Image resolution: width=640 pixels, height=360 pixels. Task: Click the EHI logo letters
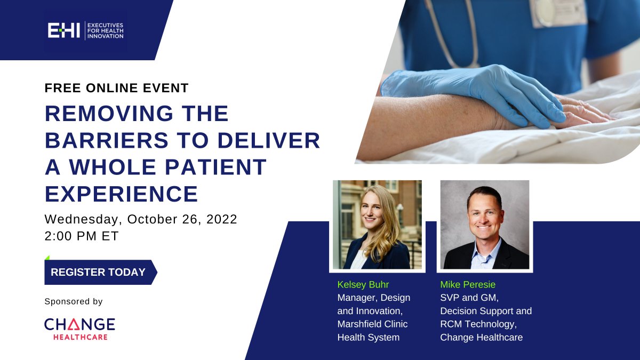(63, 30)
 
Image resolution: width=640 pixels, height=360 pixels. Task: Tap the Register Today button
(101, 272)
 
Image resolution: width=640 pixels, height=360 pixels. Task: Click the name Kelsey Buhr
(363, 285)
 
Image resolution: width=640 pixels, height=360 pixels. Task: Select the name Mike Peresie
(468, 285)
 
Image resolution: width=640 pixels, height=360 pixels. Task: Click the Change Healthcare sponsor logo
(79, 329)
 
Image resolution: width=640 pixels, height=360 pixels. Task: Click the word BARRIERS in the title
(107, 140)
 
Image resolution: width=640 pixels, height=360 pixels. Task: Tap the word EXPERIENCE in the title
(122, 194)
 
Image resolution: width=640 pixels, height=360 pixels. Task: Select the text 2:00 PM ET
(82, 236)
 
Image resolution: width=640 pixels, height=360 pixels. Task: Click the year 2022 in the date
(222, 219)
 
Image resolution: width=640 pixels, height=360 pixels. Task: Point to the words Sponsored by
(74, 301)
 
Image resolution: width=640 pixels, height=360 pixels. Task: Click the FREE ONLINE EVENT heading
(117, 88)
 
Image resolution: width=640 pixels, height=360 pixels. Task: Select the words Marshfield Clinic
(373, 324)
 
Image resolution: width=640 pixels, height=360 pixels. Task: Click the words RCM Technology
(478, 324)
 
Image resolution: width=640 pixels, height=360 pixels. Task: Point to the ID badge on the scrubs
(557, 13)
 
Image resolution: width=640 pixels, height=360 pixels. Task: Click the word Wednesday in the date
(81, 219)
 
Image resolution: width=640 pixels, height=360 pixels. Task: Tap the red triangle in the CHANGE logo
(74, 325)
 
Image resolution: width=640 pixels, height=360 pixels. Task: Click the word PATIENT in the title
(215, 167)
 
